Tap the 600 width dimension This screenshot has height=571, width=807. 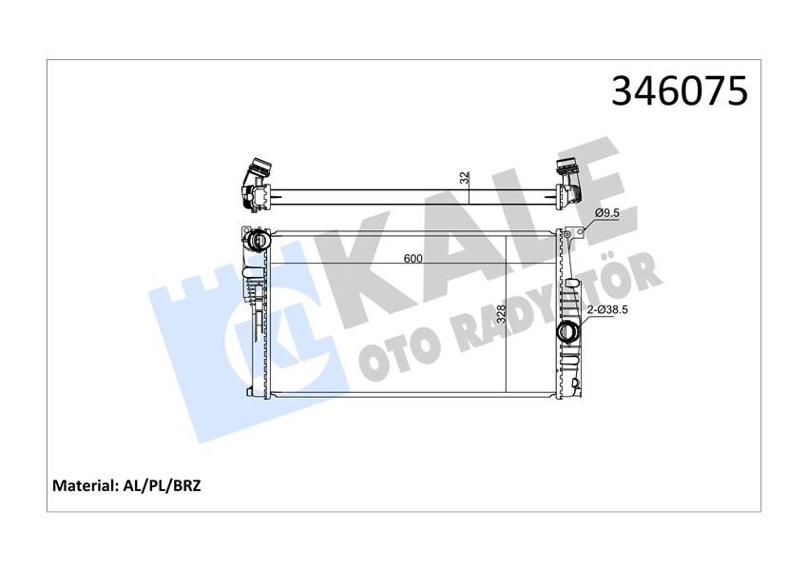tap(413, 258)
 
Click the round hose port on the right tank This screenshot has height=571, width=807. tap(567, 333)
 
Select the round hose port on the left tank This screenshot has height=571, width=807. tap(256, 241)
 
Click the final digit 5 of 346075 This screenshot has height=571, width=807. tap(737, 90)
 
